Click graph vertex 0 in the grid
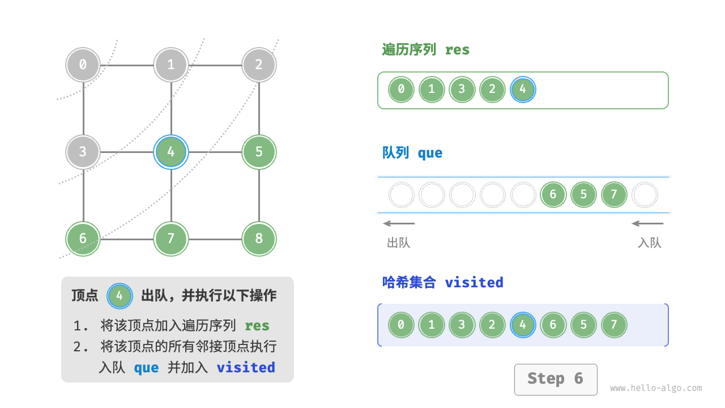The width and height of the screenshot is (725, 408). click(x=83, y=65)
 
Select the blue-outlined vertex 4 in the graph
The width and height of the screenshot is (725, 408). click(x=170, y=152)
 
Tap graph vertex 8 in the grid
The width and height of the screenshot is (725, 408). click(x=259, y=239)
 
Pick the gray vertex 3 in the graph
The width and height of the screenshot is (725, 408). click(x=83, y=152)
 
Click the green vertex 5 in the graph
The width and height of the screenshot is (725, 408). click(x=259, y=152)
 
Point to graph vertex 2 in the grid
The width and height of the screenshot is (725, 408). click(x=259, y=65)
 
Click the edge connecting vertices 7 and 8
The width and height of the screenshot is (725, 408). click(x=215, y=239)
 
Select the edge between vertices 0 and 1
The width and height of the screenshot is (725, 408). click(x=127, y=65)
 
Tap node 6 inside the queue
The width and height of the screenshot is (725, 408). click(x=553, y=195)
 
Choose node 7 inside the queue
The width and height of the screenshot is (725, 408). click(x=614, y=195)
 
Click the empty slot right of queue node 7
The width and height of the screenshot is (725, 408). click(x=645, y=195)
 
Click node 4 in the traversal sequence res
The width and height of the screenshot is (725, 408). click(x=522, y=90)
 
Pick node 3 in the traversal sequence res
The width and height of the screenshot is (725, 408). click(x=462, y=90)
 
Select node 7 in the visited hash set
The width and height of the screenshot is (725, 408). click(x=614, y=325)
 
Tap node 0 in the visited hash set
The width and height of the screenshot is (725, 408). click(x=401, y=325)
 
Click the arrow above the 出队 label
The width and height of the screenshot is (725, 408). click(x=399, y=223)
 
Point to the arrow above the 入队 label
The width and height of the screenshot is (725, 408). click(x=647, y=223)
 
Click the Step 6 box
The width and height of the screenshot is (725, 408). click(x=555, y=379)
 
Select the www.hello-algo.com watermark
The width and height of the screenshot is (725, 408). click(x=656, y=388)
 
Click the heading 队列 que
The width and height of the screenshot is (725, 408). click(x=412, y=153)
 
